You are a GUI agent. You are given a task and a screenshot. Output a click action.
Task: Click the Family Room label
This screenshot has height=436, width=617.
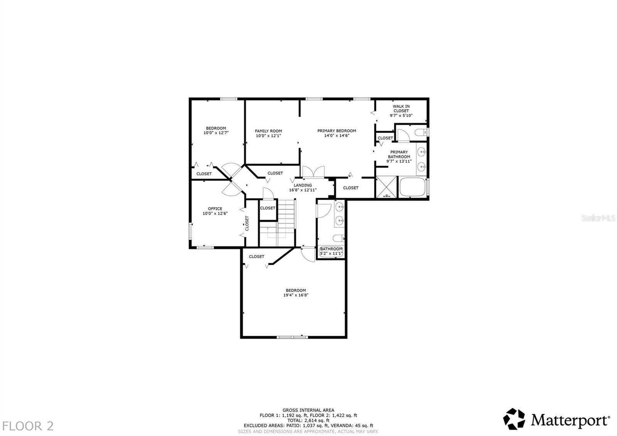(268, 131)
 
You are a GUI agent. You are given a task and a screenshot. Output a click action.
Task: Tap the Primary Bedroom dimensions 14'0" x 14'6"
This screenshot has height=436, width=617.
(336, 136)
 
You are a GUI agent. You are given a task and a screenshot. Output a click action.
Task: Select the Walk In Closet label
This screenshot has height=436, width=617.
(401, 108)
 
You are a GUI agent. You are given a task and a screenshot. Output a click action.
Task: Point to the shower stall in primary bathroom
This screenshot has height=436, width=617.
(386, 187)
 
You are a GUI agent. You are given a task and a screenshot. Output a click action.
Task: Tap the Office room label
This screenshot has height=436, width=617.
(215, 209)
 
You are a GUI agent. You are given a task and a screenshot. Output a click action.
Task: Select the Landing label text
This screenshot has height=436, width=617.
(303, 185)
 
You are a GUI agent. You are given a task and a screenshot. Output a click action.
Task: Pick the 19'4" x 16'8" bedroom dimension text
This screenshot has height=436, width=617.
(296, 295)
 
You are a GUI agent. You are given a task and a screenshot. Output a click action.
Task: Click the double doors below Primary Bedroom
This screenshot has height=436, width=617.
(313, 172)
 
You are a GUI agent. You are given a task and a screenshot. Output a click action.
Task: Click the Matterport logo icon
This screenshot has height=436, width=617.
(514, 419)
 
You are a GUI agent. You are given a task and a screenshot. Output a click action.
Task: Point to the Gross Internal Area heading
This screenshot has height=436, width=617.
(308, 410)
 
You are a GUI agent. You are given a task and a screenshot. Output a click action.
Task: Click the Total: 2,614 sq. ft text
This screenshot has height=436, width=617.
(308, 421)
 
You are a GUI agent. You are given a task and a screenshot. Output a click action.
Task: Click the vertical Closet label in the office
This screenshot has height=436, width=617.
(247, 223)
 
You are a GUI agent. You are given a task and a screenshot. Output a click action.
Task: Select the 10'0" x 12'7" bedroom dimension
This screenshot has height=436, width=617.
(216, 133)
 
